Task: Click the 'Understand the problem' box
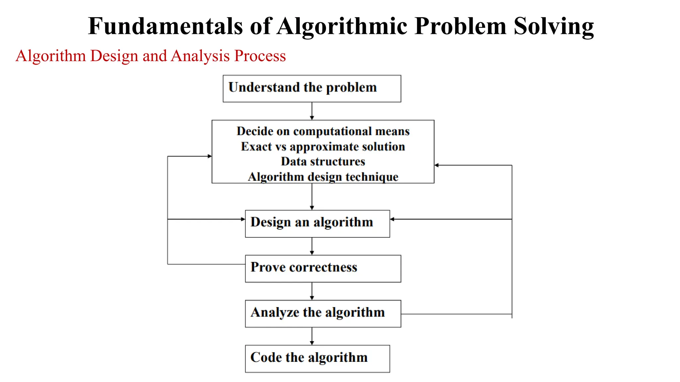[312, 89]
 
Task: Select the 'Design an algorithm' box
[317, 223]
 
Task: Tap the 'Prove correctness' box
[323, 269]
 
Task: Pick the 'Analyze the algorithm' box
[323, 314]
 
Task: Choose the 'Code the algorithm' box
[317, 359]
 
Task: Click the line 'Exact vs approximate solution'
[323, 147]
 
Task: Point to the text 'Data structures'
[323, 161]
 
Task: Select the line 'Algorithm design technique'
[323, 177]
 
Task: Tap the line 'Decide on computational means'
[323, 131]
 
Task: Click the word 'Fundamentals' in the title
[165, 26]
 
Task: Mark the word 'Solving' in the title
[553, 26]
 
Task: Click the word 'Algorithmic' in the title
[342, 26]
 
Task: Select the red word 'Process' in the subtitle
[260, 56]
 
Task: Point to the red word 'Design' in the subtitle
[114, 56]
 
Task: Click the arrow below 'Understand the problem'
[312, 111]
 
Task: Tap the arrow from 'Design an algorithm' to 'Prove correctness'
[312, 246]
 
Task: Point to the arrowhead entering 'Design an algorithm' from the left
[243, 219]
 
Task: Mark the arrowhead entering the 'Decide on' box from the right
[437, 165]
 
